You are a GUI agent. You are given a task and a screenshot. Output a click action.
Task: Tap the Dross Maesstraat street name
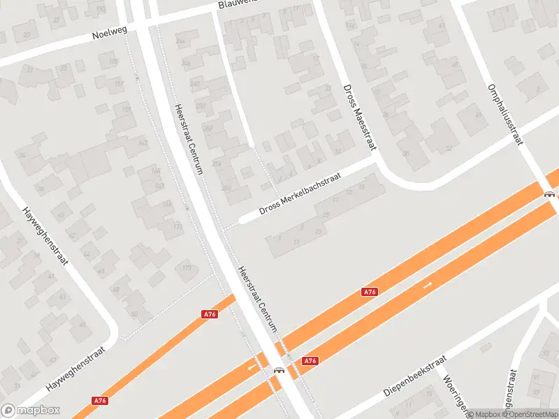click(360, 117)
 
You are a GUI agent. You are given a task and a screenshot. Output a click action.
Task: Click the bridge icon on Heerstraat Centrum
click(279, 370)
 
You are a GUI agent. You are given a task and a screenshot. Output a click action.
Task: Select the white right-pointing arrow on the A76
click(428, 284)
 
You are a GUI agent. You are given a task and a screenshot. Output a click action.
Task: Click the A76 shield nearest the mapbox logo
click(100, 401)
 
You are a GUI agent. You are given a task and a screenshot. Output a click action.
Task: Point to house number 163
click(143, 143)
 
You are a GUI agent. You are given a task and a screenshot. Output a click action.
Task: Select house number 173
click(187, 267)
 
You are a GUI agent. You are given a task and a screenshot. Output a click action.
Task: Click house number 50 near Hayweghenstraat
click(135, 314)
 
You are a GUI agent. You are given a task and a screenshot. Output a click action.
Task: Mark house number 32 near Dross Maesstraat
click(449, 148)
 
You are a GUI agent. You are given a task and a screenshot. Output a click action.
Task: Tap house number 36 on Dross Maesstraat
click(405, 154)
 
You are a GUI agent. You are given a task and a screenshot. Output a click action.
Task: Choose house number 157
click(119, 84)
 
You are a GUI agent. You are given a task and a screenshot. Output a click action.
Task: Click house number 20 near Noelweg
click(27, 34)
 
